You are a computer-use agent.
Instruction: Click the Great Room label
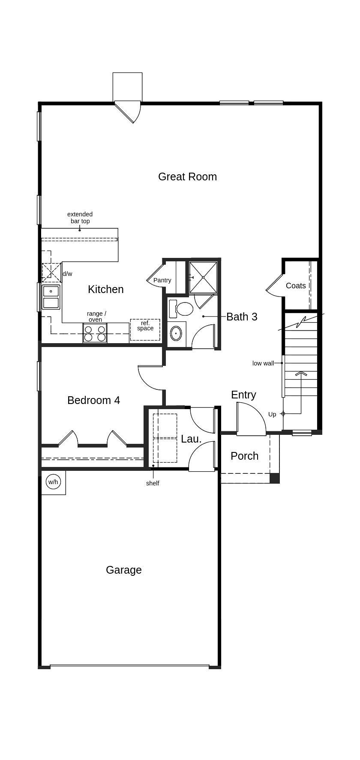[x=187, y=177]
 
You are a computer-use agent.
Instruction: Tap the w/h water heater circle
[x=53, y=482]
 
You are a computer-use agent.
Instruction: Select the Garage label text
[x=123, y=570]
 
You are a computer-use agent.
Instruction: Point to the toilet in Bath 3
[x=183, y=308]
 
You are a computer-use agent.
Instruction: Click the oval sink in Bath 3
[x=176, y=333]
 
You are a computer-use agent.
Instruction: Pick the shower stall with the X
[x=203, y=277]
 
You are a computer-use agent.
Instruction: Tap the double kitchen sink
[x=51, y=297]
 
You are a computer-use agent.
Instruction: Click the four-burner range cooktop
[x=95, y=333]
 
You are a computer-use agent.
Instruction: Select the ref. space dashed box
[x=145, y=329]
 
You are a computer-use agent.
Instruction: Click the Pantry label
[x=162, y=280]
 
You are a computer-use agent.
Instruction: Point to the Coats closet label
[x=296, y=286]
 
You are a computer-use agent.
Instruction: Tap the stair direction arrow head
[x=301, y=374]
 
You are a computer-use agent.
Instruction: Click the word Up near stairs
[x=272, y=414]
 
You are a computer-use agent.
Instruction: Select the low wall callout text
[x=263, y=363]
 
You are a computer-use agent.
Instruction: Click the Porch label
[x=244, y=456]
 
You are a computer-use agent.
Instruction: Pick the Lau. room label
[x=191, y=439]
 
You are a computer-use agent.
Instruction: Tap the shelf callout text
[x=153, y=483]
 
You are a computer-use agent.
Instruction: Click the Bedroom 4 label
[x=93, y=400]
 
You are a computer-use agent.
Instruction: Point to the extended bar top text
[x=80, y=218]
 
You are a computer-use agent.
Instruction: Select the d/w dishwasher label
[x=68, y=274]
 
